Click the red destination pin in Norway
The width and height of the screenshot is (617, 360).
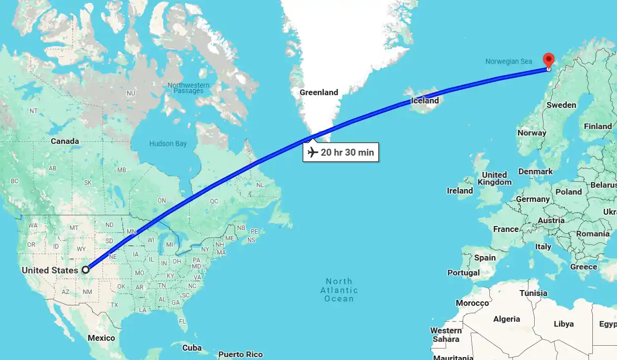[x=548, y=60]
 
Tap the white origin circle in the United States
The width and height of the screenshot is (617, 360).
[x=86, y=269]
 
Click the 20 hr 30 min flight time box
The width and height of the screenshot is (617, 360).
[x=341, y=152]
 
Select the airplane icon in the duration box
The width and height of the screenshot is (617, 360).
[x=312, y=152]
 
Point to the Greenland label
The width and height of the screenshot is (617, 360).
[x=319, y=92]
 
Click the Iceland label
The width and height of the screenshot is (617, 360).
[x=424, y=100]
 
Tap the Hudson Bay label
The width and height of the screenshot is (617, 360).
[x=168, y=144]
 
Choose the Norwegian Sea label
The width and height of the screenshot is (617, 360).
[x=509, y=62]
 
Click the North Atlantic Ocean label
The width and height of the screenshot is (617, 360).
[x=339, y=290]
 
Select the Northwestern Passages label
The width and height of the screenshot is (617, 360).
[x=188, y=88]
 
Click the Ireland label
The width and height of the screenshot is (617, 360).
[x=459, y=191]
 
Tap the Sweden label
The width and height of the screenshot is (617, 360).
[x=561, y=105]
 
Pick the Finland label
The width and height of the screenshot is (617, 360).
[x=597, y=126]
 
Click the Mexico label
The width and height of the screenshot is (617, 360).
[x=101, y=338]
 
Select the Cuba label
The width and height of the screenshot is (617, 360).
[x=192, y=348]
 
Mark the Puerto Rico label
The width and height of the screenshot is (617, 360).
[x=240, y=354]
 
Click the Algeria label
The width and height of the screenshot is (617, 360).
[x=506, y=319]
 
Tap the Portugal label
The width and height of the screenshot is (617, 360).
[x=463, y=272]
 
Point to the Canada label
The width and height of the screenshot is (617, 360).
[x=65, y=141]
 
